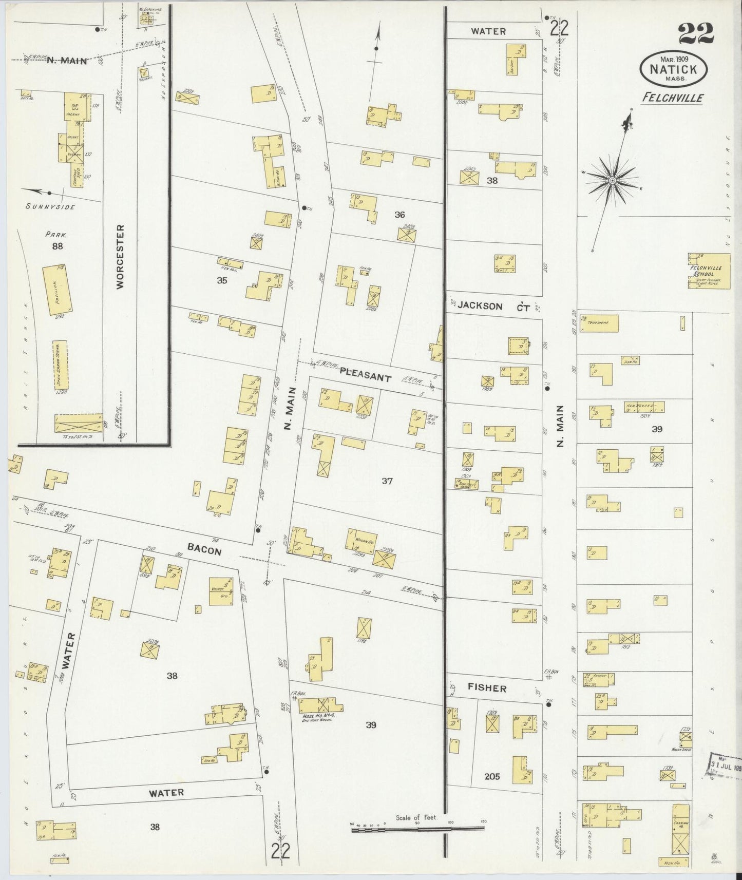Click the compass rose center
[x=613, y=181]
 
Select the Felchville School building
[x=709, y=271]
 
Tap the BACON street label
[x=204, y=549]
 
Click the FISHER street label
[x=486, y=688]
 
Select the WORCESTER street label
[x=121, y=257]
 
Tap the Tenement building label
[x=598, y=323]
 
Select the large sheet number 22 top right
[x=695, y=33]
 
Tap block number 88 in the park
[x=57, y=246]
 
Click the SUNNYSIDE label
[x=51, y=207]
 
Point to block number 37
[x=387, y=481]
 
